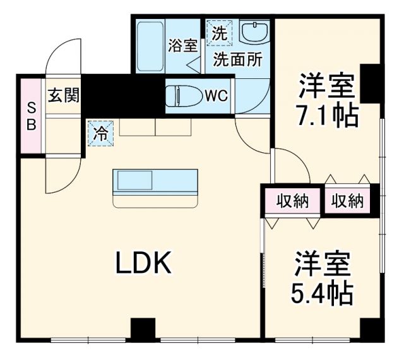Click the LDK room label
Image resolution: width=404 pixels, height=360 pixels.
tap(143, 263)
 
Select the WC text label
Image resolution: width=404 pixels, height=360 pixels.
tap(215, 97)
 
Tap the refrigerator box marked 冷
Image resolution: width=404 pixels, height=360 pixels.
tap(100, 133)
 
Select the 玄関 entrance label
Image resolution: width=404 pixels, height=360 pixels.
tap(64, 96)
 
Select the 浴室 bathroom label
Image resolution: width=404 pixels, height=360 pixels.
tap(183, 45)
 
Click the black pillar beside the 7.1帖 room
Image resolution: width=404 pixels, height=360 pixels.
tap(371, 83)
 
